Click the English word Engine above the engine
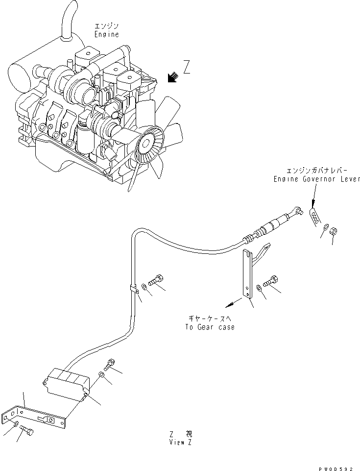(x=107, y=35)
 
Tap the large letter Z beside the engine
(x=187, y=67)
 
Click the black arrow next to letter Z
(x=171, y=77)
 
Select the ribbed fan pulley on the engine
(x=146, y=145)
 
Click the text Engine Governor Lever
(x=317, y=179)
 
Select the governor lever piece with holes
(x=316, y=217)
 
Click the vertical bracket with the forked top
(x=250, y=272)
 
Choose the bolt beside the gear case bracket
(x=270, y=283)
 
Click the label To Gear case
(x=210, y=327)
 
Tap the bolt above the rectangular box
(x=109, y=366)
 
